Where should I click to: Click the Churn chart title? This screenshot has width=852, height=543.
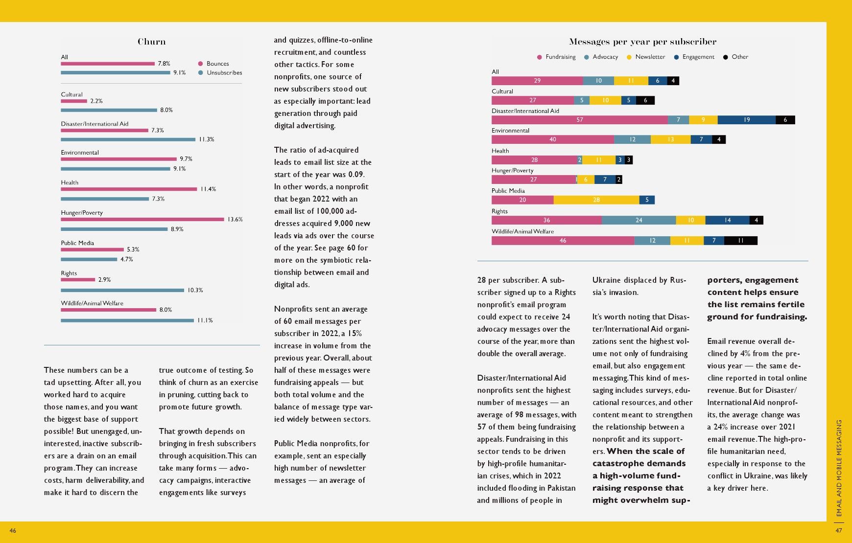[x=151, y=42]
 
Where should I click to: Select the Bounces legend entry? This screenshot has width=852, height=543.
[x=213, y=64]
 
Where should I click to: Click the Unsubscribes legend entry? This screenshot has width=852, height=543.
[x=220, y=72]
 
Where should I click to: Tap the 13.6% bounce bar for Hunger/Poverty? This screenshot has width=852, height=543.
[x=142, y=219]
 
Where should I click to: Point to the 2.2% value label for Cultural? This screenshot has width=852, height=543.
[x=96, y=101]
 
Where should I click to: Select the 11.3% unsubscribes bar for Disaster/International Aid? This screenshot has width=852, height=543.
[x=128, y=139]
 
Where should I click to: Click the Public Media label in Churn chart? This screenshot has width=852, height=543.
[x=77, y=243]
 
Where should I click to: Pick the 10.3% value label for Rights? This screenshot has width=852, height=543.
[x=195, y=290]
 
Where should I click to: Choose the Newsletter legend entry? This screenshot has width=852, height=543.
[x=646, y=57]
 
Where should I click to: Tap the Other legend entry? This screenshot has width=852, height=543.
[x=735, y=57]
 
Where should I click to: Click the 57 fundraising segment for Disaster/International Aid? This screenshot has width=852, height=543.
[x=580, y=120]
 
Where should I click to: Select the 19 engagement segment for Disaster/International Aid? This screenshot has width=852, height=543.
[x=747, y=120]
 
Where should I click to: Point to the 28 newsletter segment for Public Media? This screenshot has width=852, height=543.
[x=596, y=200]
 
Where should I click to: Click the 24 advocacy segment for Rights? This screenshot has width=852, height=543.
[x=639, y=220]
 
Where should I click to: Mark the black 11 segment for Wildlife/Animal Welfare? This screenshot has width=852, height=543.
[x=741, y=241]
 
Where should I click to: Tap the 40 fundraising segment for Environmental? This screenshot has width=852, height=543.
[x=553, y=139]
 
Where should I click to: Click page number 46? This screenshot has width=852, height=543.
[x=13, y=531]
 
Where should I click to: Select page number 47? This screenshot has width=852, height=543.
[x=839, y=531]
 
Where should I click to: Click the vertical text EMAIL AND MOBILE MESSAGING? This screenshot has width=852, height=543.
[x=839, y=468]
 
